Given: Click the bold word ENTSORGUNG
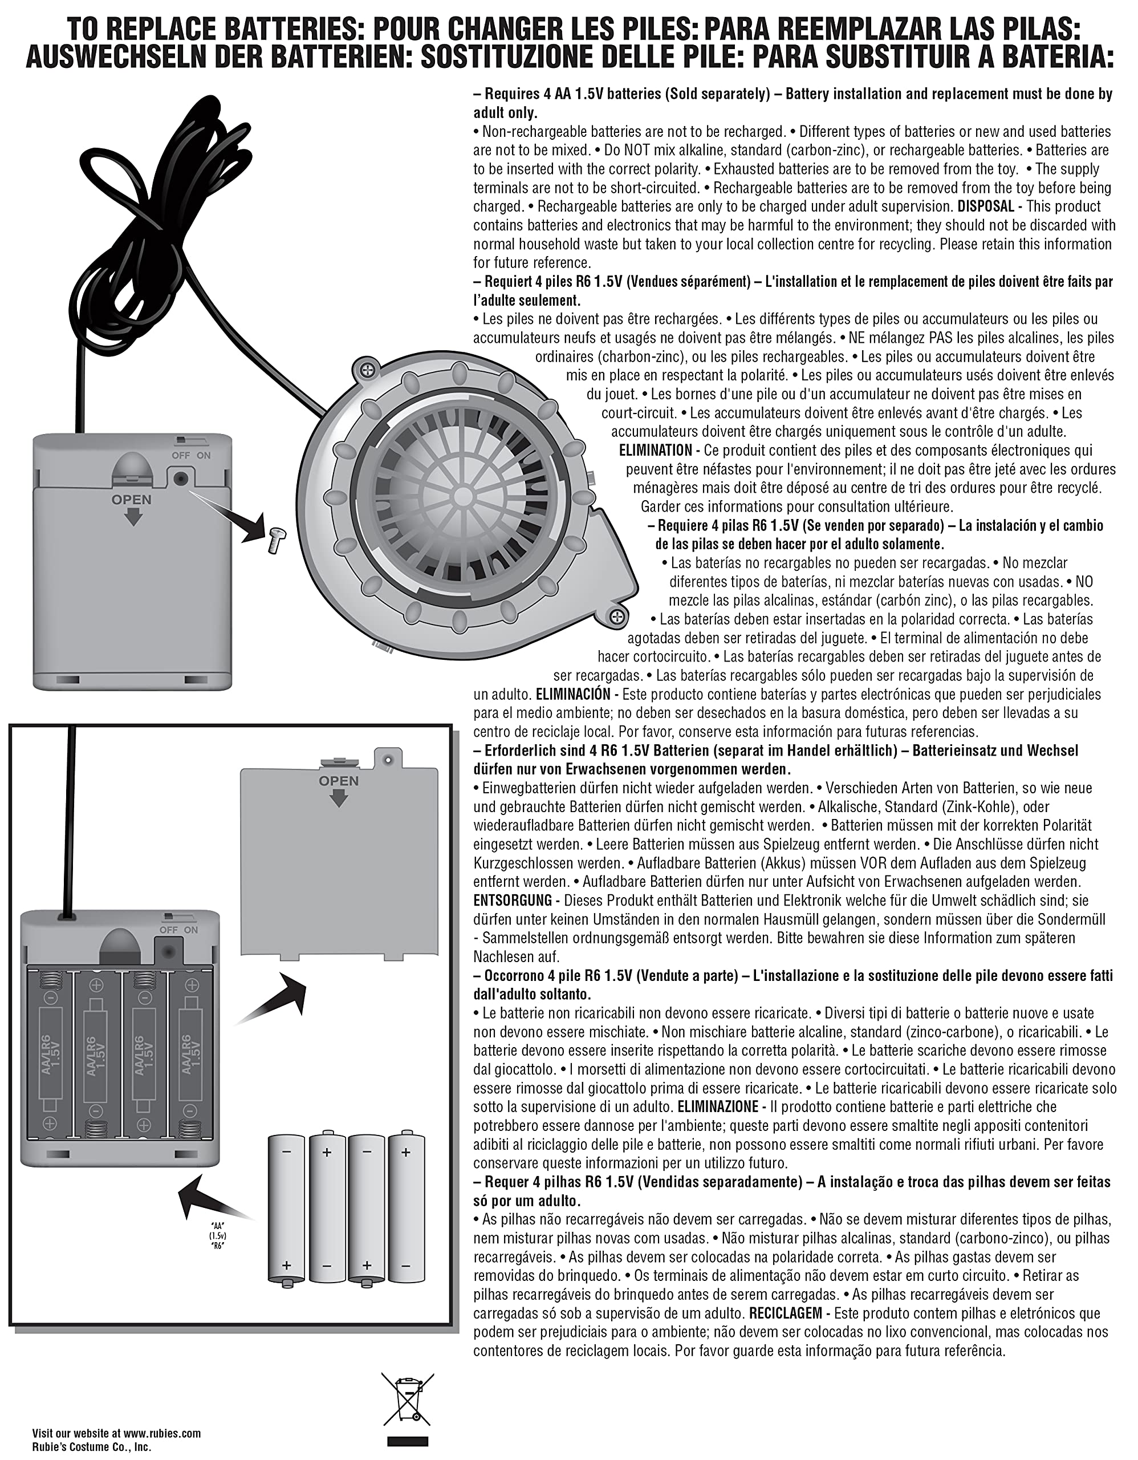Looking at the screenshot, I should pyautogui.click(x=513, y=901).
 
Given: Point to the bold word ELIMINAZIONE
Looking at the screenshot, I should pyautogui.click(x=717, y=1106).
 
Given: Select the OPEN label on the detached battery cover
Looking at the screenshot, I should pyautogui.click(x=339, y=781).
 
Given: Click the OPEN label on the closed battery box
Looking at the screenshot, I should pyautogui.click(x=132, y=500).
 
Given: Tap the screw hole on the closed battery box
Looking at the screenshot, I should pyautogui.click(x=180, y=478).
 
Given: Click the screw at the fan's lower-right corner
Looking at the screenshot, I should pyautogui.click(x=617, y=614).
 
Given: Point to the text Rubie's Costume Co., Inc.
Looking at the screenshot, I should pyautogui.click(x=92, y=1447).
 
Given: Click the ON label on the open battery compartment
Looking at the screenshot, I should pyautogui.click(x=191, y=930).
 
